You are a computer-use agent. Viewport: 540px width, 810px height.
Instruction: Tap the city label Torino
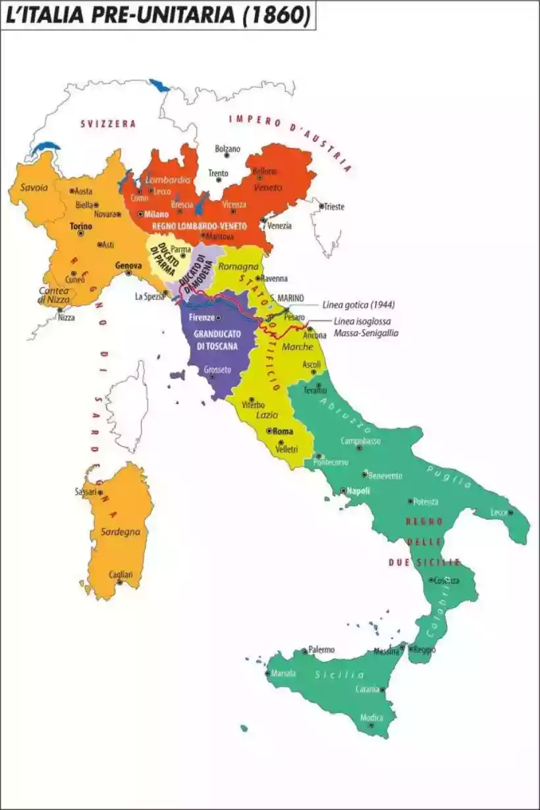point(80,226)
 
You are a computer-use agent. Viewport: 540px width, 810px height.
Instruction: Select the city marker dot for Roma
point(269,431)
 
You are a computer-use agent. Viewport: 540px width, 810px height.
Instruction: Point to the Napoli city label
point(359,491)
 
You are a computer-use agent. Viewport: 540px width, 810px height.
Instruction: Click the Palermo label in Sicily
point(321,649)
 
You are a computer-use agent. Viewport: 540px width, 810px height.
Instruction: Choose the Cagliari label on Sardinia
point(121,574)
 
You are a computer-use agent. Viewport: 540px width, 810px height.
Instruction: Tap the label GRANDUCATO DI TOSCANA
point(217,340)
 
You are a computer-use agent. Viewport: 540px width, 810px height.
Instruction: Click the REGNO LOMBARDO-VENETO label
point(199,226)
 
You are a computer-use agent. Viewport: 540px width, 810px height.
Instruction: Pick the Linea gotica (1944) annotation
point(359,305)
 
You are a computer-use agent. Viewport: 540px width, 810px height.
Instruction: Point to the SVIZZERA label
point(108,124)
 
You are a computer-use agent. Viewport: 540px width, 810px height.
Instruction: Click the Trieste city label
point(333,207)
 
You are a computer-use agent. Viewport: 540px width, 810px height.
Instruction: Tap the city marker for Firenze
point(218,318)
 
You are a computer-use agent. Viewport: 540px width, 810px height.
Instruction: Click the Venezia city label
point(279,226)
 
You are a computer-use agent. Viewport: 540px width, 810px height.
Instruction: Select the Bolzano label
point(228,149)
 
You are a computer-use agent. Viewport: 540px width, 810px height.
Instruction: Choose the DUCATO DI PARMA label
point(160,259)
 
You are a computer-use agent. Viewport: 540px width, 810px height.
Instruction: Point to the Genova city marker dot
point(129,272)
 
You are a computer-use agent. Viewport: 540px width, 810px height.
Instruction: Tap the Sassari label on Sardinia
point(86,492)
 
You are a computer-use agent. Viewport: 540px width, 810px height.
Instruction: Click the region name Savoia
point(34,188)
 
